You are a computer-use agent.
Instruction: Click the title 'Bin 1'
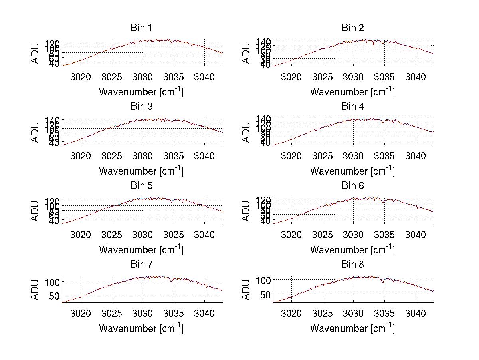(141, 28)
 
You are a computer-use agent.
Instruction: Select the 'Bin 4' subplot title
(352, 107)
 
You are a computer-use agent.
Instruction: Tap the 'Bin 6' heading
(352, 186)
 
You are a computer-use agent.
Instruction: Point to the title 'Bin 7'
(141, 265)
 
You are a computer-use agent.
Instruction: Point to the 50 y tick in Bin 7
(55, 296)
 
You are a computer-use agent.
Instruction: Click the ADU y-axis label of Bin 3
(35, 132)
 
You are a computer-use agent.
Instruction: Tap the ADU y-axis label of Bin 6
(246, 211)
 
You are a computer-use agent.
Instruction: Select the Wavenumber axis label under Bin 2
(352, 92)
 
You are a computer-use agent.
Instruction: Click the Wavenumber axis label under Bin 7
(141, 328)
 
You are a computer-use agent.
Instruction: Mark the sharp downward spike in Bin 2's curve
(374, 45)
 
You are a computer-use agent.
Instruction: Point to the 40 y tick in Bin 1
(55, 64)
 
